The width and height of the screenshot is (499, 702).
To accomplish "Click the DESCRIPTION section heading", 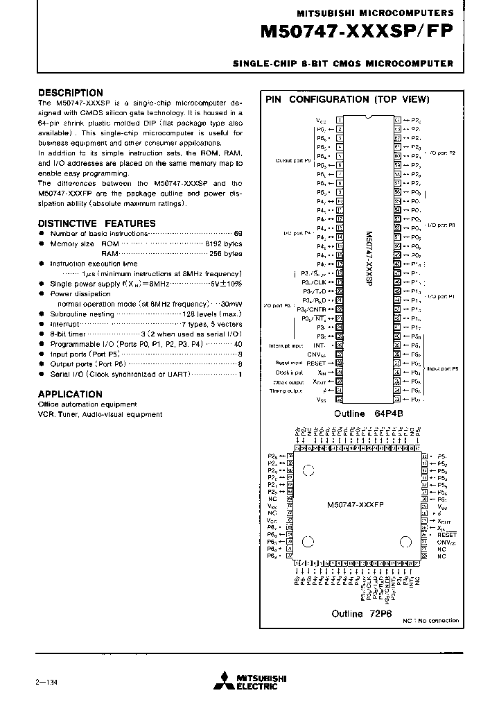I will [70, 92].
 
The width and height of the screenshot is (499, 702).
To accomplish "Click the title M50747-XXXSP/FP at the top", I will [356, 32].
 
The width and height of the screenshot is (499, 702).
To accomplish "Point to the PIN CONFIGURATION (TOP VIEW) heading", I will [347, 99].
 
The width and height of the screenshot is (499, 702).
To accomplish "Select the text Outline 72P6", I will [357, 614].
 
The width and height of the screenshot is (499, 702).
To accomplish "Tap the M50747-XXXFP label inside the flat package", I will [355, 505].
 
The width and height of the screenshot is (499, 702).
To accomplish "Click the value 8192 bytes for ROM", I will [223, 244].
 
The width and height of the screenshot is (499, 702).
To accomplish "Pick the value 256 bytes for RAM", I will [225, 254].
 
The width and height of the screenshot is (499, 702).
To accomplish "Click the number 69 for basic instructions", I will [238, 234].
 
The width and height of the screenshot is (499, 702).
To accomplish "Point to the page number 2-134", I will [49, 681].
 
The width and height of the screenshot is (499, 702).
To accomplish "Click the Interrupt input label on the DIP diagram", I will [286, 345].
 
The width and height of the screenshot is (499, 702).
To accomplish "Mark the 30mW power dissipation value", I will [231, 304].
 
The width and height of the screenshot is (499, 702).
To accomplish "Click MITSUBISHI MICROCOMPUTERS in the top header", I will [375, 13].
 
